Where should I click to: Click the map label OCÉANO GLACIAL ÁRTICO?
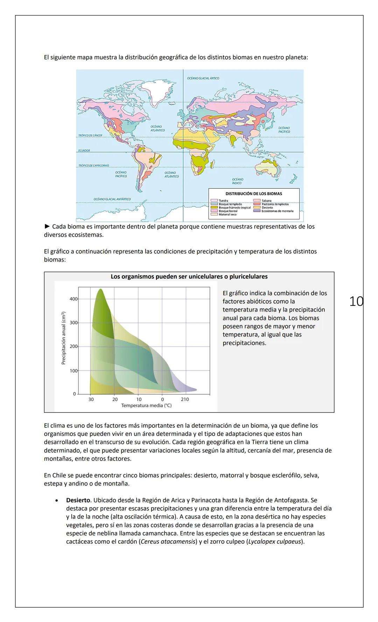point(203,78)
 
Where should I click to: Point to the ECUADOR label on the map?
point(84,150)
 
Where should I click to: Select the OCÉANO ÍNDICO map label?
point(237,181)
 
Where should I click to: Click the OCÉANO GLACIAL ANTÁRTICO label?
point(112,199)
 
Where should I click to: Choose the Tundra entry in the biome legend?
point(223,201)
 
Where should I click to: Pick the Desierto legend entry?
point(267,208)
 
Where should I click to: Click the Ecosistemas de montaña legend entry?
point(277,211)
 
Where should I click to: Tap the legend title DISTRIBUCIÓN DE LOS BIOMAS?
point(254,193)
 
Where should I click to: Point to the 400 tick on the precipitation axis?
point(73,299)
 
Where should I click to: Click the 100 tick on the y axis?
point(73,370)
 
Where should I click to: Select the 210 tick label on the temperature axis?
point(185,399)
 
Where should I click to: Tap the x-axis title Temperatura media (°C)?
point(146,405)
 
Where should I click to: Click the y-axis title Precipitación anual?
point(63,338)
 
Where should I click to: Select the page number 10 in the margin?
point(356,301)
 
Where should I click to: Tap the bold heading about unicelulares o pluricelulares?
point(189,277)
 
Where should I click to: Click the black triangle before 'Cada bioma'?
point(47,226)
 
